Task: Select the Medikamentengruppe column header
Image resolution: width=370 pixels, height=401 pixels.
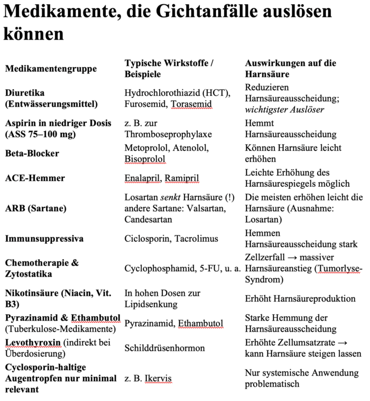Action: pos(51,69)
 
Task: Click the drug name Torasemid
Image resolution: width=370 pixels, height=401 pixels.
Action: pos(191,104)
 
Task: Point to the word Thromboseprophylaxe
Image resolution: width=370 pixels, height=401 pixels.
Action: pos(167,134)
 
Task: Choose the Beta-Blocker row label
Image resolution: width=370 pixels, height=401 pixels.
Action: pos(32,153)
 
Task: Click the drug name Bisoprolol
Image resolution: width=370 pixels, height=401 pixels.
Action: pos(145,159)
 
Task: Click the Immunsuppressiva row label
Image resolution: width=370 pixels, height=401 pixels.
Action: pos(44,239)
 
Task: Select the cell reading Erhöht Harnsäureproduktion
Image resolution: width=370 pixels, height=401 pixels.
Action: pos(300,299)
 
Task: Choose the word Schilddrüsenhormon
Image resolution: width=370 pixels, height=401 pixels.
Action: pos(164,348)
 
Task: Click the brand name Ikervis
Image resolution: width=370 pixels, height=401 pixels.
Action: pos(157,378)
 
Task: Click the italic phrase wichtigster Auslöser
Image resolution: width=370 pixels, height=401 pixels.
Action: pos(284,110)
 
